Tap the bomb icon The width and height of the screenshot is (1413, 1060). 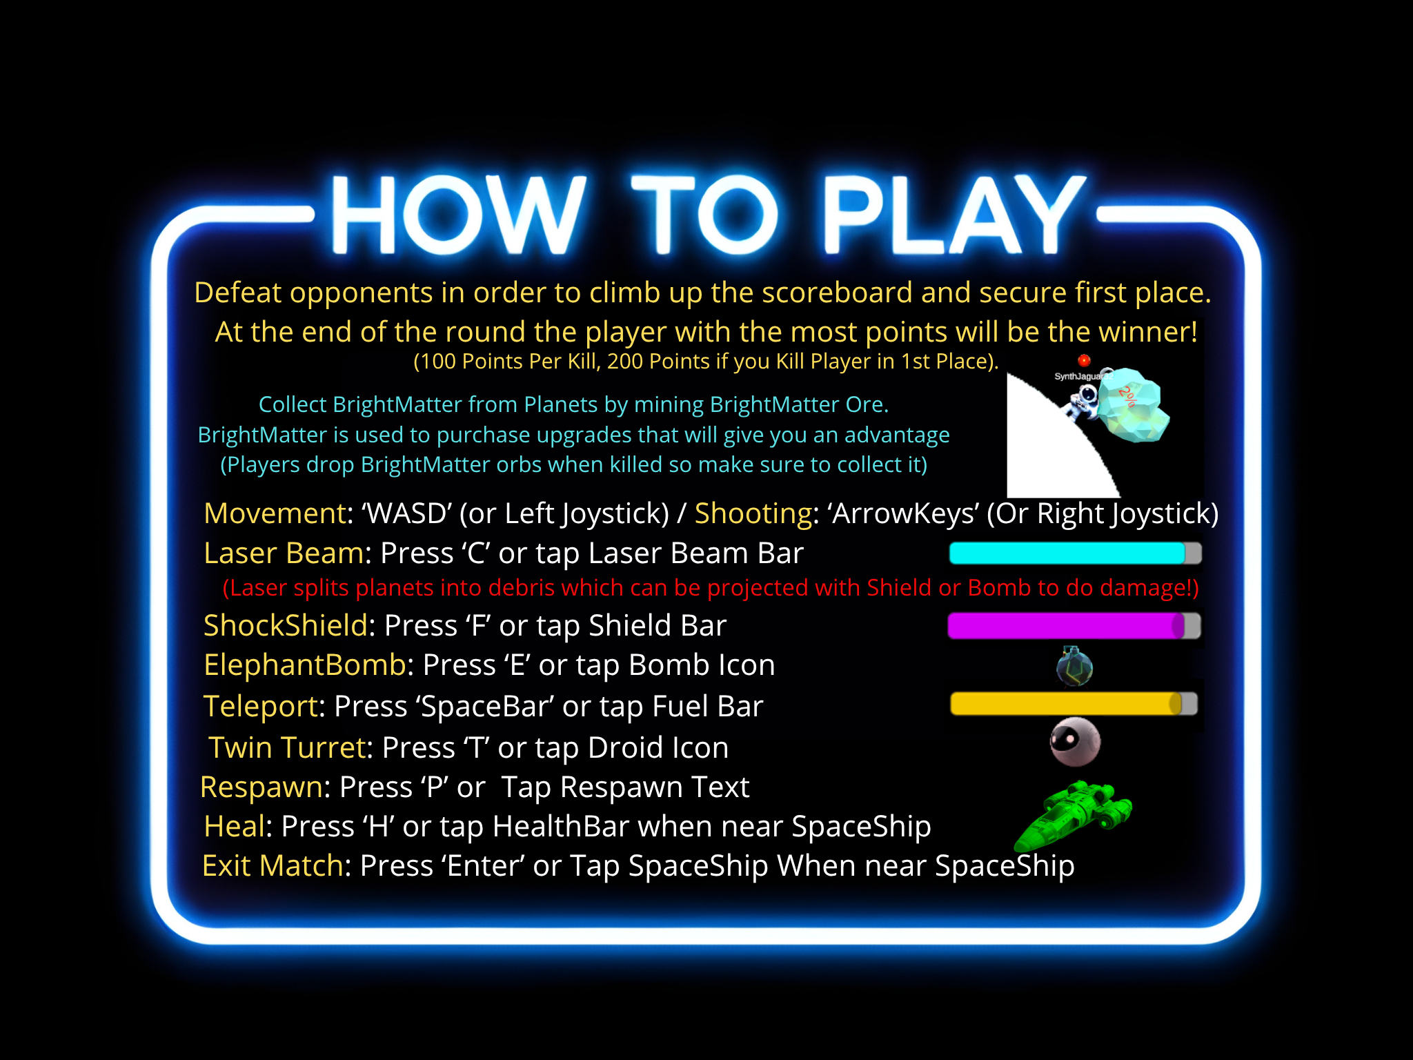[1074, 667]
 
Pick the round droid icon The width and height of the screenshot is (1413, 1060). [1074, 742]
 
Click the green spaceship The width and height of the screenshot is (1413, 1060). [1074, 814]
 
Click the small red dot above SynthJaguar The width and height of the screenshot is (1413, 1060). [1084, 360]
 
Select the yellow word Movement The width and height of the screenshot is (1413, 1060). [275, 513]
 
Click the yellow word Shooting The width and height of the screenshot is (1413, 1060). [753, 513]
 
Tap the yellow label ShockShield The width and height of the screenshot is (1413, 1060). [286, 626]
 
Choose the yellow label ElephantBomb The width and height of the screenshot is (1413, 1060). [304, 665]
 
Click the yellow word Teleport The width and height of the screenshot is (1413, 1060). [261, 707]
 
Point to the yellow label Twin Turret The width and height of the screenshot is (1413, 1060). [287, 748]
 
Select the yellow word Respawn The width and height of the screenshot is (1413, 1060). [261, 787]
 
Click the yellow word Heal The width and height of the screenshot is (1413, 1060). [235, 827]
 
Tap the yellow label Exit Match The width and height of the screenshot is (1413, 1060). [273, 866]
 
